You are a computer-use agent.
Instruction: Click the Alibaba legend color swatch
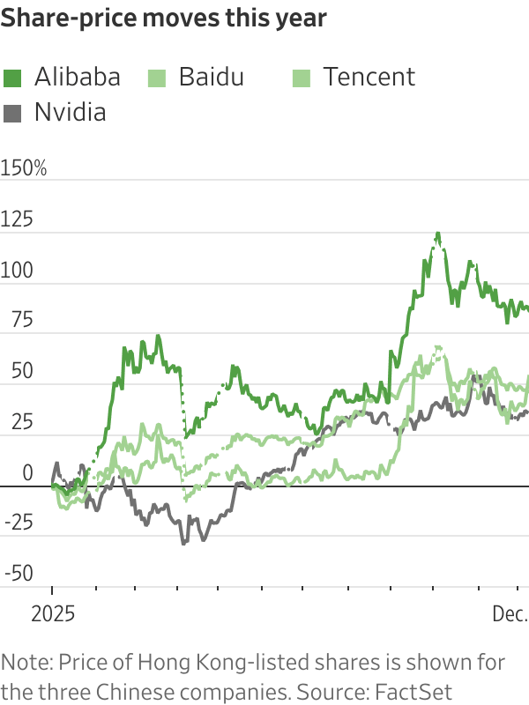[13, 78]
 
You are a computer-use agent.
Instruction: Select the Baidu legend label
[211, 78]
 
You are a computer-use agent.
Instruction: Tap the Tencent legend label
[368, 78]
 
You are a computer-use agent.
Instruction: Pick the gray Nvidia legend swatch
[13, 113]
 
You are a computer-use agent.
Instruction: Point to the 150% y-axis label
[25, 168]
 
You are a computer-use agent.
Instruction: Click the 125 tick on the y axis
[18, 219]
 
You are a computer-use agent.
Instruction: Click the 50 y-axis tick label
[13, 371]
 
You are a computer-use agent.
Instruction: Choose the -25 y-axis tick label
[18, 523]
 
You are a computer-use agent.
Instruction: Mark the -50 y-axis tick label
[18, 574]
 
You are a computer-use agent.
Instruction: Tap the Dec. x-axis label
[509, 613]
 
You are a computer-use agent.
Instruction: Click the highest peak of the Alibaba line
[437, 234]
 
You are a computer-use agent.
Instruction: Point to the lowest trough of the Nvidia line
[183, 543]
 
